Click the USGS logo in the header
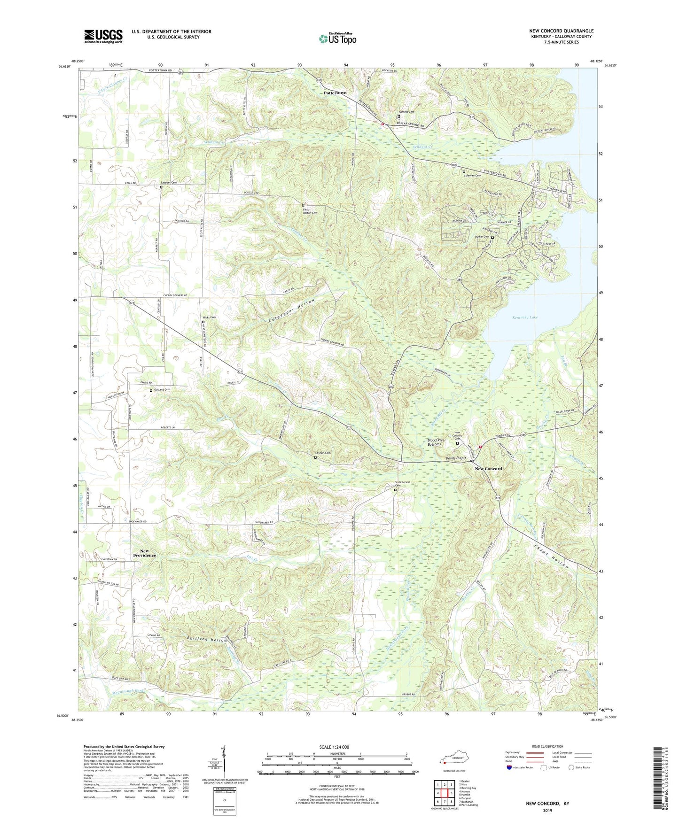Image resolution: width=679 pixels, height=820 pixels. coord(103,36)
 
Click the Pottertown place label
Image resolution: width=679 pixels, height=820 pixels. coord(335,93)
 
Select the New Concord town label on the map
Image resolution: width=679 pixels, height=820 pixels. coord(488,469)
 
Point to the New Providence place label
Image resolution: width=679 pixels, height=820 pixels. coord(144,553)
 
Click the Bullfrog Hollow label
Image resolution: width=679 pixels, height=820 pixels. coord(207,640)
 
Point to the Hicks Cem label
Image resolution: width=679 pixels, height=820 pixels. coord(209,317)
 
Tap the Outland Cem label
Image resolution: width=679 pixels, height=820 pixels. coord(160,389)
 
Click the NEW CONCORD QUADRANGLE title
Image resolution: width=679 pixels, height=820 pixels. coord(561,31)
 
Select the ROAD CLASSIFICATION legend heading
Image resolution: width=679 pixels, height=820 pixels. coord(547,746)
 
